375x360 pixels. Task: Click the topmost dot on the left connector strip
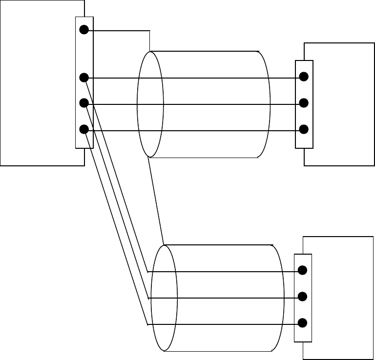click(84, 30)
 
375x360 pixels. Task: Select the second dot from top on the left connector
click(84, 77)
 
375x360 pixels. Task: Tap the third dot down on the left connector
click(84, 103)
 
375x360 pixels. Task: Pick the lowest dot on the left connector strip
click(84, 129)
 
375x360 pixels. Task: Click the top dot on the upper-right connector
click(304, 77)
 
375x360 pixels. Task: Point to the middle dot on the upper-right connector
click(304, 103)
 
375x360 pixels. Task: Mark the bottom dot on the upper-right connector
click(304, 129)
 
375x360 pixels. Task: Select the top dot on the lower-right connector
click(302, 270)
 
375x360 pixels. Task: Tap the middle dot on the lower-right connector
click(302, 296)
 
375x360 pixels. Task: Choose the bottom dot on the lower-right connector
click(302, 322)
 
